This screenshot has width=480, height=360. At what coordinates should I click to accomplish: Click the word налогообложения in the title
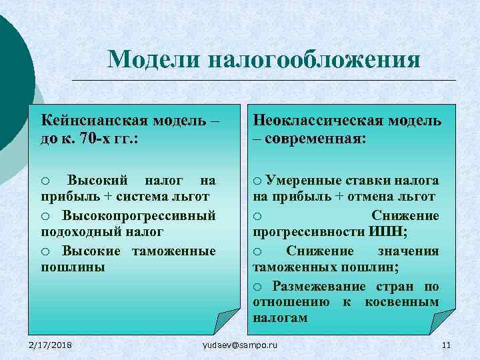[314, 59]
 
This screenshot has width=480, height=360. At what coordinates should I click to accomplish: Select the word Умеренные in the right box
[303, 180]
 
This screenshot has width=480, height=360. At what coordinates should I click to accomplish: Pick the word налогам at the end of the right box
[280, 318]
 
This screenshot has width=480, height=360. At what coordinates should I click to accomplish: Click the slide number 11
[446, 344]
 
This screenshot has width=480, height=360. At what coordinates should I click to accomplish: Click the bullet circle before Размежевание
[258, 287]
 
